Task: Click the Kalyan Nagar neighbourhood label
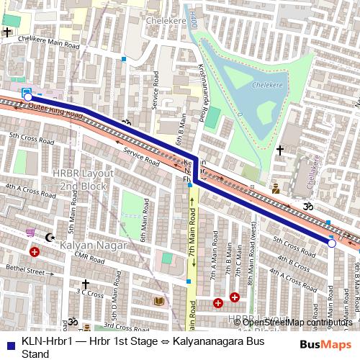click(x=94, y=246)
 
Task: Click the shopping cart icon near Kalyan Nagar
click(x=30, y=233)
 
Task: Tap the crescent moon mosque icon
click(x=49, y=238)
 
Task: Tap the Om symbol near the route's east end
click(x=312, y=207)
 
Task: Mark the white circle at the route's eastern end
click(x=332, y=244)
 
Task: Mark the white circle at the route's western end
click(x=27, y=97)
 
